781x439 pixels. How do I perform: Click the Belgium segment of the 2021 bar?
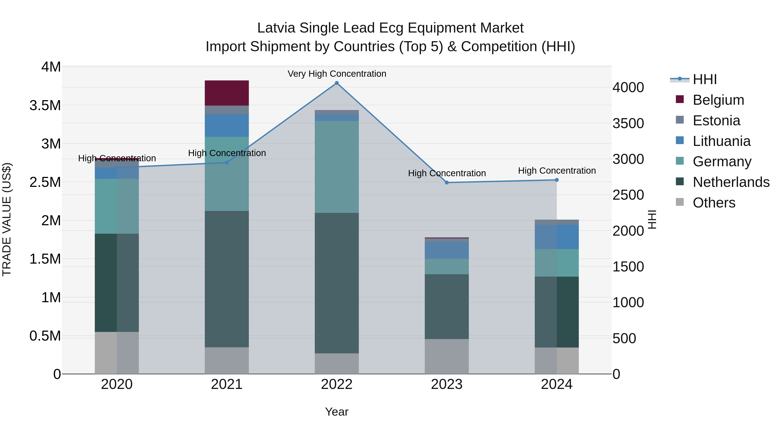tap(226, 93)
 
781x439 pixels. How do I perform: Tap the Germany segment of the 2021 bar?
tap(226, 174)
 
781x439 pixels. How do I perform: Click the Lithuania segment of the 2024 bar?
tap(557, 237)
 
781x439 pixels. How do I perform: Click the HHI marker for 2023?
tap(447, 183)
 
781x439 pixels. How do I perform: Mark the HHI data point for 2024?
tap(557, 180)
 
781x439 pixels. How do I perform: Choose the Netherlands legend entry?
tap(731, 182)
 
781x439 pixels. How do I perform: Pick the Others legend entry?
tap(714, 203)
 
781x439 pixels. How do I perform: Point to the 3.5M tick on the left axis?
tap(45, 105)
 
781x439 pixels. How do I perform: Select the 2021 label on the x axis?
tap(226, 384)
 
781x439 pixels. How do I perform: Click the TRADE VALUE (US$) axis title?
tap(7, 219)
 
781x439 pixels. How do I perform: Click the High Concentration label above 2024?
tap(557, 171)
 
